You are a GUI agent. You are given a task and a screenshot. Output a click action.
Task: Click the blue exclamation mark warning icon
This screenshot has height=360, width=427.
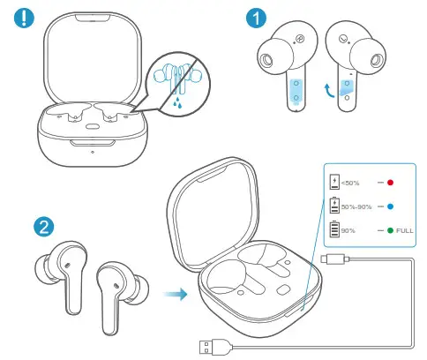19,17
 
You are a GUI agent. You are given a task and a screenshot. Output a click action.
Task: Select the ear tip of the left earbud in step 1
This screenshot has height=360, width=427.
267,59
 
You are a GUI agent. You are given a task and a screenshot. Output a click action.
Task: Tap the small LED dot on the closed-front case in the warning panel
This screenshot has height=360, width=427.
93,147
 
